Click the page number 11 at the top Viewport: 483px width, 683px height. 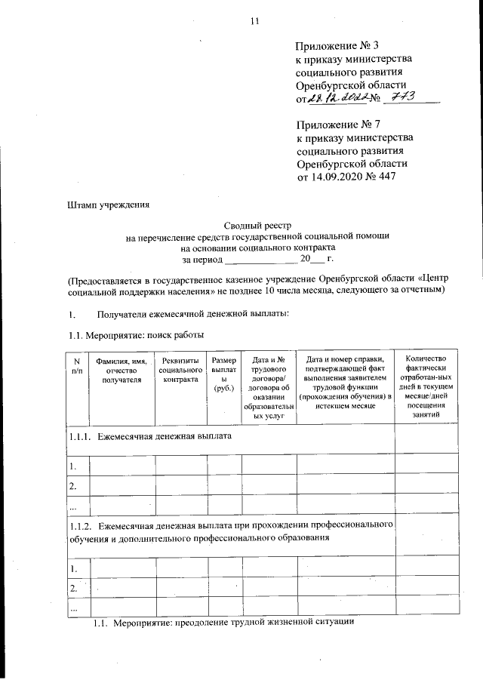254,21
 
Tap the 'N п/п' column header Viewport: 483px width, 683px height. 76,366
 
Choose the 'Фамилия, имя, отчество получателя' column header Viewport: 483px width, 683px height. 119,371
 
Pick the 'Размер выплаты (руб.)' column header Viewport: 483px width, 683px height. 225,374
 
